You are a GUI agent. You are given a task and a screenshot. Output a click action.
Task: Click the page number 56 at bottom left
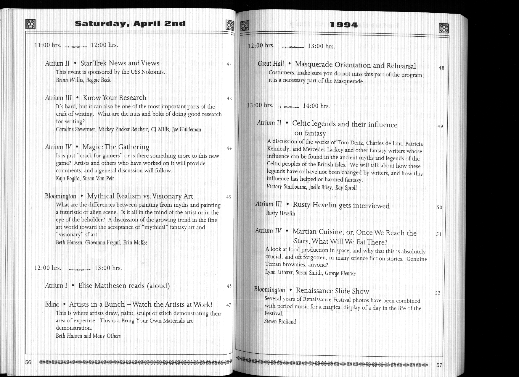pyautogui.click(x=28, y=362)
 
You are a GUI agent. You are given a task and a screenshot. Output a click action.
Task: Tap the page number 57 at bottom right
pyautogui.click(x=439, y=365)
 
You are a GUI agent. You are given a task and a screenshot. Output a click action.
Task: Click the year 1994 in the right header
pyautogui.click(x=343, y=25)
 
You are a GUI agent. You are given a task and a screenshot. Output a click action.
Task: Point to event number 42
pyautogui.click(x=229, y=64)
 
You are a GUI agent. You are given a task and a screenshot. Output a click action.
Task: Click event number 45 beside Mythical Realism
pyautogui.click(x=229, y=197)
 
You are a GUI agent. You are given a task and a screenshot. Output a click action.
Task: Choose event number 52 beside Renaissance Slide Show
pyautogui.click(x=438, y=293)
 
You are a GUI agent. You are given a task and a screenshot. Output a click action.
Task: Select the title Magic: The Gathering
pyautogui.click(x=116, y=147)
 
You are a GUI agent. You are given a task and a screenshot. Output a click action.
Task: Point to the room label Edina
pyautogui.click(x=52, y=304)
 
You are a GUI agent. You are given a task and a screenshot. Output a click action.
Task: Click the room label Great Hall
pyautogui.click(x=271, y=64)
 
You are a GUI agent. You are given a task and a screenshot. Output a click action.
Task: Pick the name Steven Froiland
pyautogui.click(x=280, y=321)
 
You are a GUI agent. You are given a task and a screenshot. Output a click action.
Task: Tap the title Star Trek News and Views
pyautogui.click(x=120, y=63)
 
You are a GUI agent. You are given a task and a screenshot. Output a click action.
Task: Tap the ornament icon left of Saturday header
pyautogui.click(x=30, y=24)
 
